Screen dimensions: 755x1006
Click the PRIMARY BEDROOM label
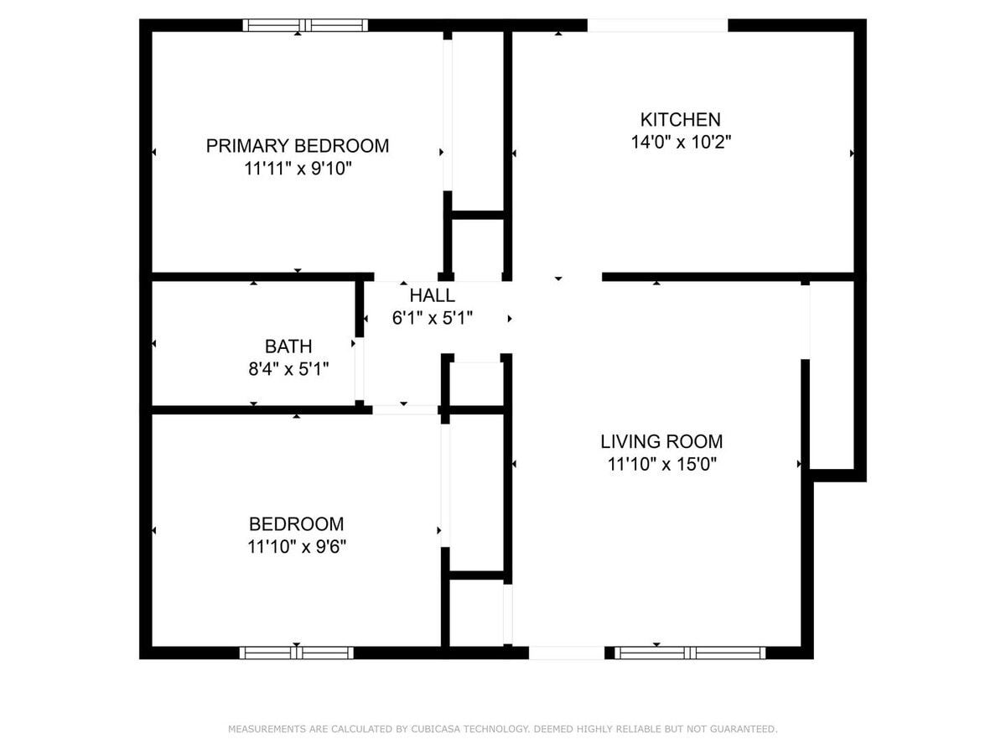pos(298,146)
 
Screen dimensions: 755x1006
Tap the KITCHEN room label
pos(680,119)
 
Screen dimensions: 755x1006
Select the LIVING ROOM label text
pos(661,441)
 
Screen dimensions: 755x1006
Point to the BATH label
pos(288,346)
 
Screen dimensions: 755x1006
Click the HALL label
pos(433,295)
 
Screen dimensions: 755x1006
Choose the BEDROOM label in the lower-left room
pos(296,524)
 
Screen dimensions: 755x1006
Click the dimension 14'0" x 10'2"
pos(681,143)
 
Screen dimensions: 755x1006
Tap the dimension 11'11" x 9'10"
pos(298,169)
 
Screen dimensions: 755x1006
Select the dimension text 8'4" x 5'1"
pos(288,368)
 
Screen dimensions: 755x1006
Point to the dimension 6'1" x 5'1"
pos(433,319)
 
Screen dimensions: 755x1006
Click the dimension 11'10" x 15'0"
pos(661,464)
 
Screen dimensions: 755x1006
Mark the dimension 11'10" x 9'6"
pos(297,547)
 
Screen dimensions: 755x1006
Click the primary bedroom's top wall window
pos(305,25)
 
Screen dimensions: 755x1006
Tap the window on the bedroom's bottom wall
pos(297,652)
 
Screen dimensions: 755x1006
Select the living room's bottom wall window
pos(690,652)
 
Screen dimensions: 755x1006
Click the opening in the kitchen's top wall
pos(657,25)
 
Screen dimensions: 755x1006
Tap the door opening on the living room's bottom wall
pos(566,652)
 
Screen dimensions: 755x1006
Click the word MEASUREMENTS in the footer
pos(266,729)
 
